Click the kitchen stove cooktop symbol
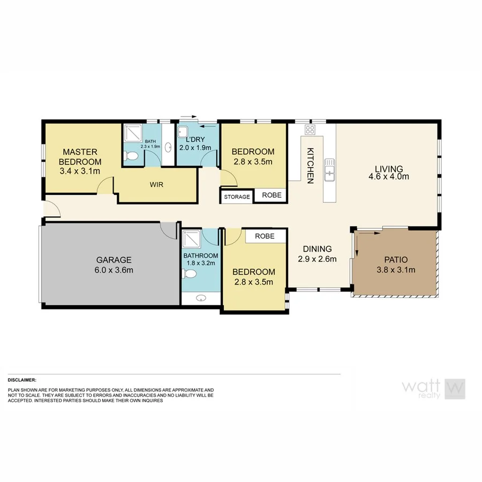pos(310,130)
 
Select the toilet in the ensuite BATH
pos(131,156)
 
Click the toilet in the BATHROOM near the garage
pos(190,274)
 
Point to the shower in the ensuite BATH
pos(131,132)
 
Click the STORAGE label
pos(237,197)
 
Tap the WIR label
pos(156,184)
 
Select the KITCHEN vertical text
pos(310,167)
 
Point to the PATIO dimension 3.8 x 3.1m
pos(396,270)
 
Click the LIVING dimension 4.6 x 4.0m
pos(389,176)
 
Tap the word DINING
pos(317,249)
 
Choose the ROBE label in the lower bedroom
pos(265,236)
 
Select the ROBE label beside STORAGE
pos(270,196)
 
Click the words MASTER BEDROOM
pos(80,156)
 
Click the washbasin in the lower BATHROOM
pos(201,298)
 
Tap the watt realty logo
pos(433,389)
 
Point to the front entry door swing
pos(52,210)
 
